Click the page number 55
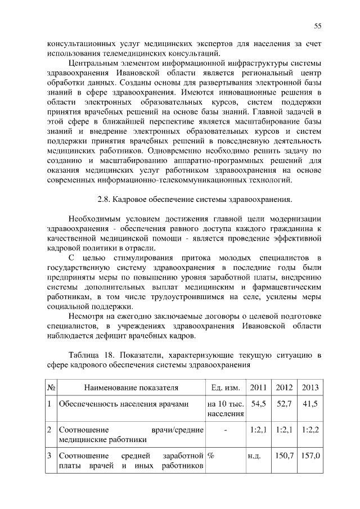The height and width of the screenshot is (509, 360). tap(317, 26)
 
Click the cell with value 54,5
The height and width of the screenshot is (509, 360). tap(259, 404)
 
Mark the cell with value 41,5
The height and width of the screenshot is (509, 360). tap(310, 404)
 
